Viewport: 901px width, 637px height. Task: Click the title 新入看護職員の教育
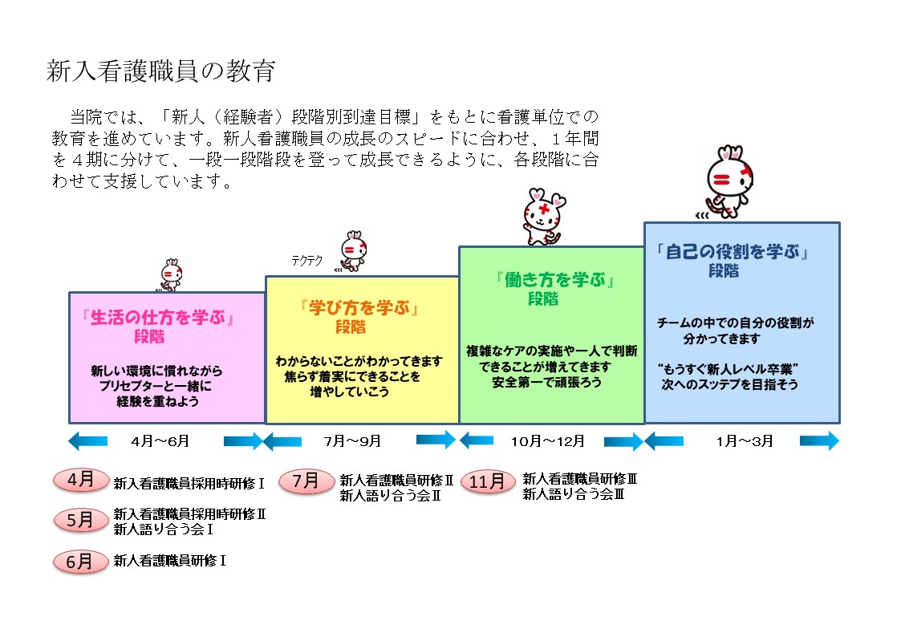point(161,71)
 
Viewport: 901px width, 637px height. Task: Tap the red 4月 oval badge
point(80,480)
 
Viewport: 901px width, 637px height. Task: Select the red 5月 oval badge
point(80,520)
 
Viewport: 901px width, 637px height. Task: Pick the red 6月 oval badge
point(80,561)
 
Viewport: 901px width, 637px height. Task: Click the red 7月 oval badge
point(306,481)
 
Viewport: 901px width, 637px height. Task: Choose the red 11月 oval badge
point(488,481)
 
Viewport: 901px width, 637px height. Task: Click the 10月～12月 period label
point(550,441)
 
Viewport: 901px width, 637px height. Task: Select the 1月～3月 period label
point(742,441)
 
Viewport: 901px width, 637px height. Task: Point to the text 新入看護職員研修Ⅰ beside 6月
point(170,561)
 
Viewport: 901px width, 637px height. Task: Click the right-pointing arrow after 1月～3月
point(818,441)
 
